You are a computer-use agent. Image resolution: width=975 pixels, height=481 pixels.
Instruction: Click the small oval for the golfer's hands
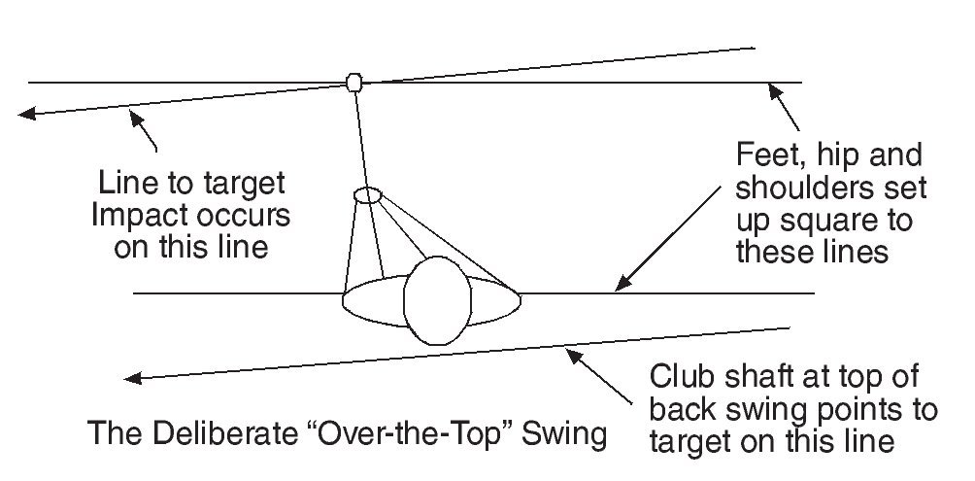pos(367,195)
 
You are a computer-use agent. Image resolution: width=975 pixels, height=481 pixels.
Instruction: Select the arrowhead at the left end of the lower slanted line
pos(134,377)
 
